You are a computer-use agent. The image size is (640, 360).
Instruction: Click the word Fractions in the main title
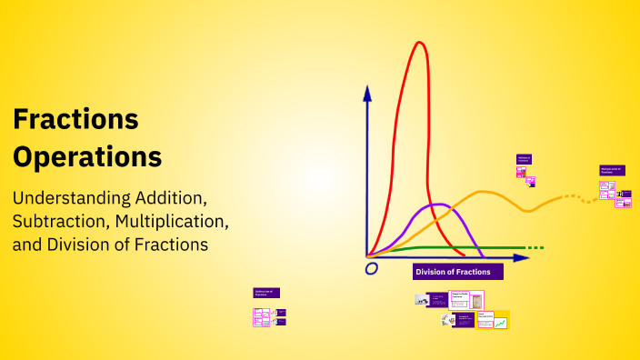[x=75, y=119]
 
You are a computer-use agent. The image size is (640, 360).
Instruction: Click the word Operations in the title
[x=87, y=156]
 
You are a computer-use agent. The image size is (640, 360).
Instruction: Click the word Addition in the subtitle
[x=172, y=197]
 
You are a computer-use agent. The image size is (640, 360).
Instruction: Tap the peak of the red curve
[x=419, y=44]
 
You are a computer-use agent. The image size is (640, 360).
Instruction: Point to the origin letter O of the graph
[x=371, y=269]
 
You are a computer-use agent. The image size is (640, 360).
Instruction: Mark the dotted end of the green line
[x=536, y=247]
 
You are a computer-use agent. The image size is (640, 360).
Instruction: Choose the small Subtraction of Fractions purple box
[x=266, y=294]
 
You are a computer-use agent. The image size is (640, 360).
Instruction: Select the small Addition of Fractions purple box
[x=524, y=158]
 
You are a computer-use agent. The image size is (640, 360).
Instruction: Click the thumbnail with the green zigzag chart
[x=500, y=322]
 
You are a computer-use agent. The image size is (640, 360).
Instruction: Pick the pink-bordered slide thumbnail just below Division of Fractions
[x=466, y=299]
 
